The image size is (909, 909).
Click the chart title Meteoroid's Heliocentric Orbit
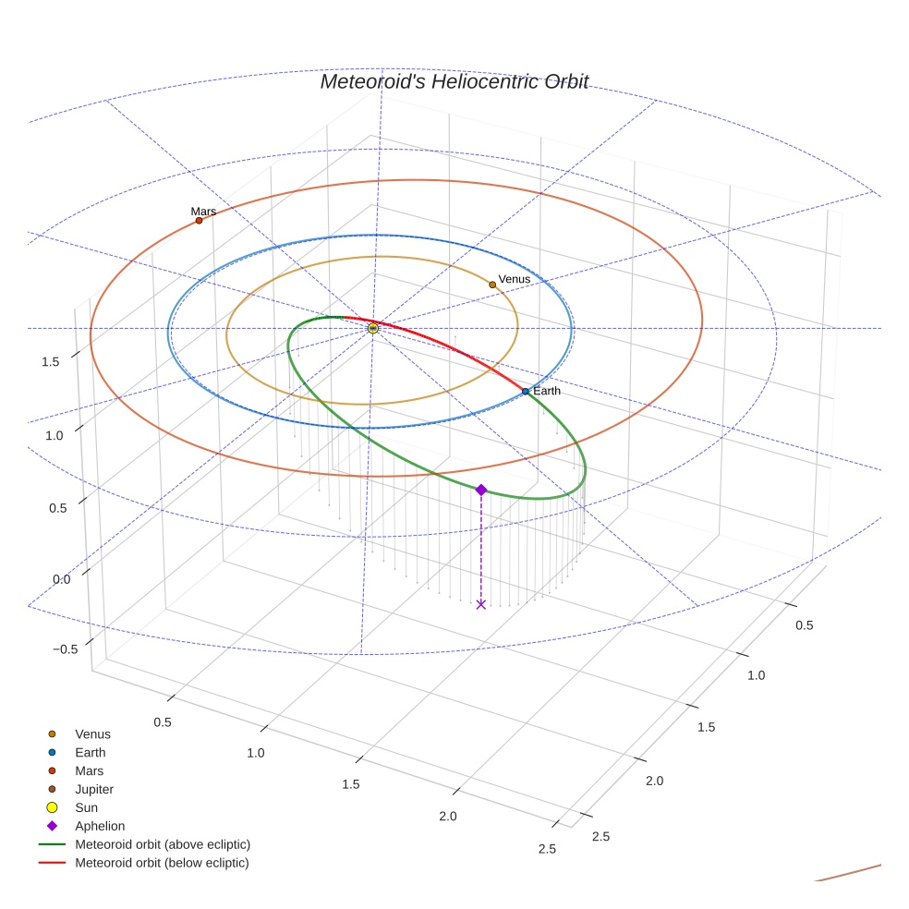pyautogui.click(x=454, y=81)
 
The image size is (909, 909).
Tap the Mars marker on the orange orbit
pyautogui.click(x=199, y=220)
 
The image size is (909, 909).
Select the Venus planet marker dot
pyautogui.click(x=492, y=285)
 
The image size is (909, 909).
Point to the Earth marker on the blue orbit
pyautogui.click(x=526, y=392)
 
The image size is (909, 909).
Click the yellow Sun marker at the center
pyautogui.click(x=372, y=328)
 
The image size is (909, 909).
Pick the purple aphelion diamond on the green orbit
pyautogui.click(x=480, y=490)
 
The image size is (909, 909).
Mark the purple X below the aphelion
pyautogui.click(x=480, y=604)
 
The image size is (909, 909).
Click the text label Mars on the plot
pyautogui.click(x=203, y=212)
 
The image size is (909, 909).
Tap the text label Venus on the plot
pyautogui.click(x=515, y=279)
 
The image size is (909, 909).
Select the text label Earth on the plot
pyautogui.click(x=547, y=391)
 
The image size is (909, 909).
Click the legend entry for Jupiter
pyautogui.click(x=94, y=789)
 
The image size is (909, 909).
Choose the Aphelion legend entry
pyautogui.click(x=100, y=826)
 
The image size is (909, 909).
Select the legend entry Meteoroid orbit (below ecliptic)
pyautogui.click(x=162, y=863)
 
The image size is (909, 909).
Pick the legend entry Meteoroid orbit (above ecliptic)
pyautogui.click(x=163, y=844)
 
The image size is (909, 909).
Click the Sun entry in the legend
pyautogui.click(x=86, y=807)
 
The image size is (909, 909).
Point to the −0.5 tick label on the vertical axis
pyautogui.click(x=65, y=649)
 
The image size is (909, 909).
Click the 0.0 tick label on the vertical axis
pyautogui.click(x=62, y=579)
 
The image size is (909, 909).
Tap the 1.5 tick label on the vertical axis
pyautogui.click(x=51, y=361)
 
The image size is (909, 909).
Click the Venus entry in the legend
pyautogui.click(x=92, y=733)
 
